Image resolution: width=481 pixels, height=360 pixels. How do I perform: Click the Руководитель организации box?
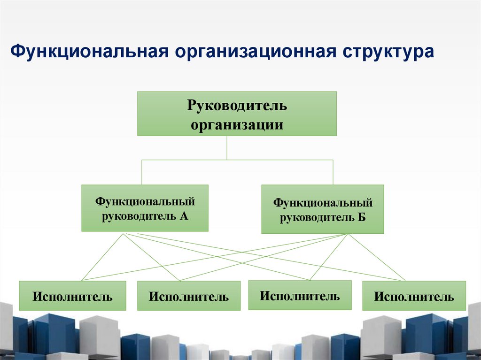coord(237,114)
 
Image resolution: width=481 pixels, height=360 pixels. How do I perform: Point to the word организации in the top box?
coord(237,125)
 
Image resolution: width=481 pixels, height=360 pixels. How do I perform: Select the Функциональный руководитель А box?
coord(145,208)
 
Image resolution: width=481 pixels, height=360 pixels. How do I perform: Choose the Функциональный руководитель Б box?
coord(323,209)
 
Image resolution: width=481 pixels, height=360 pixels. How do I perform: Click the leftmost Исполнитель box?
coord(72,296)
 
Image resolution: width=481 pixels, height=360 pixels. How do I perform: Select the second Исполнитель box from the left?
coord(188,296)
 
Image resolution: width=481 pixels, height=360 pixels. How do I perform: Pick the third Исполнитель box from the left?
coord(300,295)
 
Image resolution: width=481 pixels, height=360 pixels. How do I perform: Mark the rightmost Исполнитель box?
coord(414,296)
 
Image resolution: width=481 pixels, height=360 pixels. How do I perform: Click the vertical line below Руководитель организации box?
coord(227,148)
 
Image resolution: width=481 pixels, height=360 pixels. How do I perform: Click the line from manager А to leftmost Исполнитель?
coord(102,257)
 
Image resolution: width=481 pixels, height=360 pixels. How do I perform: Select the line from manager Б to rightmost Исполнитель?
coord(376,257)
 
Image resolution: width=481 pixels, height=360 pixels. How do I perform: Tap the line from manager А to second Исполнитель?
coord(150,257)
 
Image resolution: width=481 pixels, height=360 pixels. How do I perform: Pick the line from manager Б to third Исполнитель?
coord(329,257)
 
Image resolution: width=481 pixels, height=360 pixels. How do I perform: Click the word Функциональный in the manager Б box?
coord(323,203)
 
